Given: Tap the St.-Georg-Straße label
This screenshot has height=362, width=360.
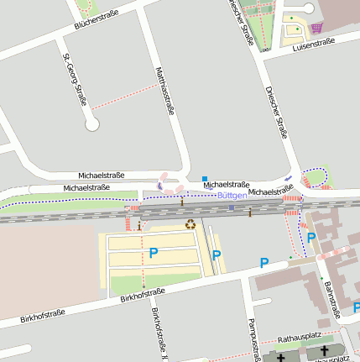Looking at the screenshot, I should (x=75, y=81).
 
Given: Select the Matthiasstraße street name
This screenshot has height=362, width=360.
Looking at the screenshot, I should (x=165, y=90).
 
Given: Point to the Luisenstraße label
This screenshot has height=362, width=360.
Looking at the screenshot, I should (x=313, y=42).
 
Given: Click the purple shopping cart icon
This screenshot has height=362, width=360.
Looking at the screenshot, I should (x=316, y=28).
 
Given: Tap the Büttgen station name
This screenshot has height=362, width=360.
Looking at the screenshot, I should (x=232, y=195).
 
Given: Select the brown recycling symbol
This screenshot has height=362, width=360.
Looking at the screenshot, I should (x=190, y=224).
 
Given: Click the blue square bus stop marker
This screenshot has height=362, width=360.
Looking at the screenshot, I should (x=204, y=178).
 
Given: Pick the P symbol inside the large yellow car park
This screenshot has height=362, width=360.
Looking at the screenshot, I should (x=153, y=252).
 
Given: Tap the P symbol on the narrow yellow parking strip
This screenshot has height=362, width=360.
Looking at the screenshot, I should (x=217, y=255).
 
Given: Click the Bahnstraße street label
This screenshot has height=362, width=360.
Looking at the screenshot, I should (x=331, y=300).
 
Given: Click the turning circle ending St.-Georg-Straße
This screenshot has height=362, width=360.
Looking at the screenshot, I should (x=92, y=124).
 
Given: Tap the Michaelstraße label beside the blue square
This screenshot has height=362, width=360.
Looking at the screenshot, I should (x=227, y=183).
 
